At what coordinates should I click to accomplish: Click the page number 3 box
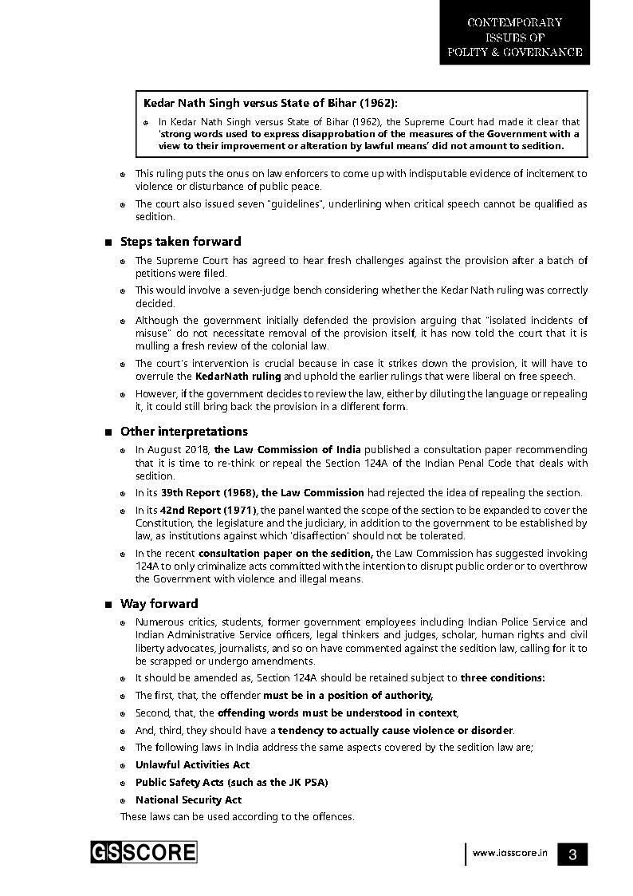tap(572, 854)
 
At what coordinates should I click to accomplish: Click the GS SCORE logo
tap(144, 852)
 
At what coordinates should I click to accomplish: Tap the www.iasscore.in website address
tap(509, 853)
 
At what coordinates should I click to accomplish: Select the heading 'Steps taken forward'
tap(180, 241)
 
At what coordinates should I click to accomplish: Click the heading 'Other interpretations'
tap(183, 432)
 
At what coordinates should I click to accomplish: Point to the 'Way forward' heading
tap(159, 603)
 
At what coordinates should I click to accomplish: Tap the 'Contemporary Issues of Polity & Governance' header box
tap(514, 37)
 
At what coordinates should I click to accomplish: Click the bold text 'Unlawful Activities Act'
tap(192, 764)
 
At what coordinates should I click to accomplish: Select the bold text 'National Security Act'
tap(188, 799)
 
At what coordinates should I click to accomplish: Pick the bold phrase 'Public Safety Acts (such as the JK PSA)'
tap(231, 782)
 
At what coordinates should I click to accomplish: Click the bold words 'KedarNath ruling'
tap(238, 376)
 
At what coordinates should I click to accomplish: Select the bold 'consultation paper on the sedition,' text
tap(285, 553)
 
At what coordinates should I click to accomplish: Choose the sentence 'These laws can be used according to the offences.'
tap(237, 816)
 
